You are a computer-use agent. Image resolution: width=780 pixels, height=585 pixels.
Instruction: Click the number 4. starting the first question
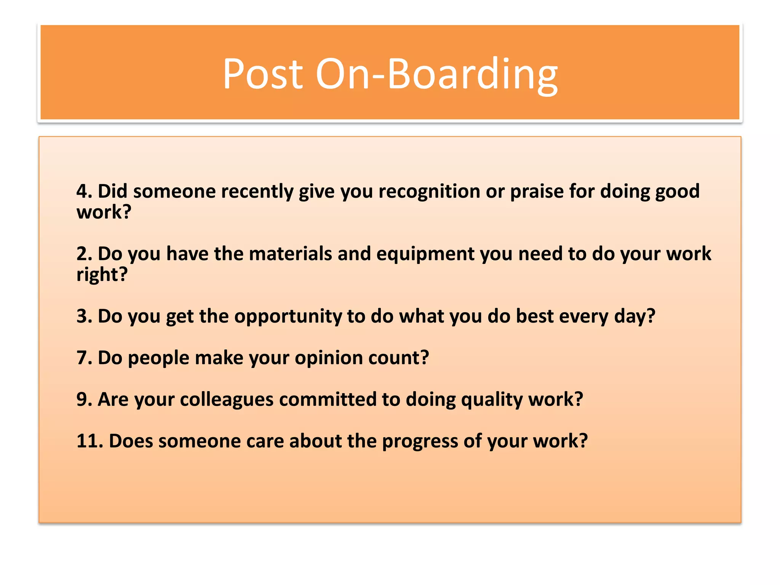point(84,191)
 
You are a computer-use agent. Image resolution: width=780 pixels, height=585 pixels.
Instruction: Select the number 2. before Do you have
point(84,253)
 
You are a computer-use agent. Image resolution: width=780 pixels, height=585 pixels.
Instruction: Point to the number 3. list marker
point(84,316)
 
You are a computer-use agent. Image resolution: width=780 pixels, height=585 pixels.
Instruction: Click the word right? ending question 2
point(102,274)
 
